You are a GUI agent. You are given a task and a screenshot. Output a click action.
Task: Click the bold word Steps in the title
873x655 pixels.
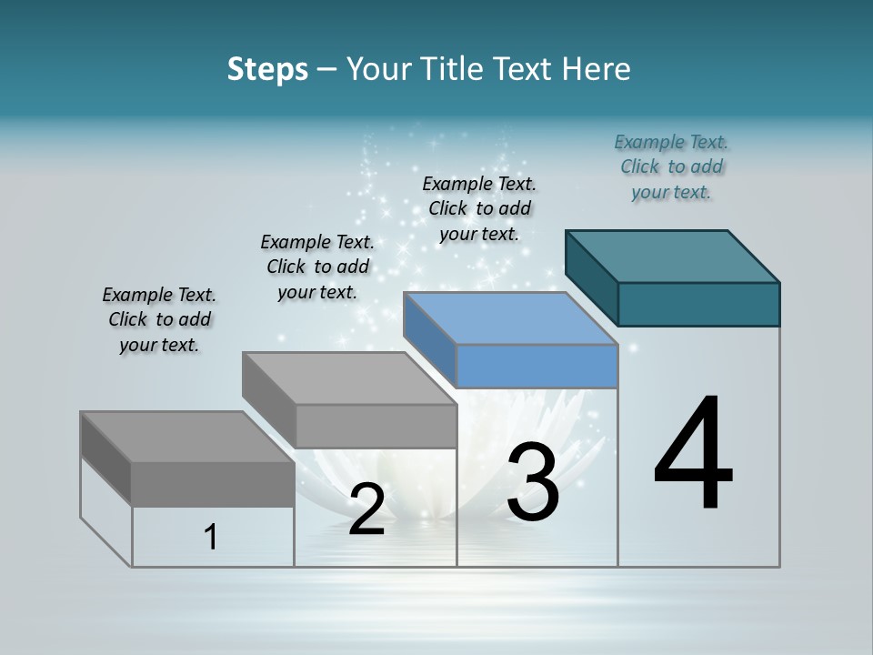coord(267,69)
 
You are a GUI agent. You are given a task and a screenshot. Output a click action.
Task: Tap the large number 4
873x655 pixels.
coord(693,455)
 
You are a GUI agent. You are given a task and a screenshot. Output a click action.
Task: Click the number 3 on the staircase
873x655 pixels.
coord(533,482)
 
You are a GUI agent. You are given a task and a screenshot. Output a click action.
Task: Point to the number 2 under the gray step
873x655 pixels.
coord(366,510)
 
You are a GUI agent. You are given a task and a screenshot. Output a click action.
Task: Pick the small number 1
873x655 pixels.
coord(211,538)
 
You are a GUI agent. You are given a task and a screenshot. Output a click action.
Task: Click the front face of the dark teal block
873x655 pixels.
coord(698,304)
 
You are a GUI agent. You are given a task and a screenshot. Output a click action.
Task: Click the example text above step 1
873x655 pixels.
coord(159,319)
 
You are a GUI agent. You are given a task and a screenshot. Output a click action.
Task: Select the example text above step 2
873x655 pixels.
coord(317,267)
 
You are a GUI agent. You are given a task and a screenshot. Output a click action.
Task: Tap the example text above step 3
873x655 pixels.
coord(479,208)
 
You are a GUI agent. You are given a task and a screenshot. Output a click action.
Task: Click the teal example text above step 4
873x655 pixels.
coord(671,166)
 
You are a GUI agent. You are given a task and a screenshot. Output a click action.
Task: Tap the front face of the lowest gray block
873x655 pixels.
coord(213,484)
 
